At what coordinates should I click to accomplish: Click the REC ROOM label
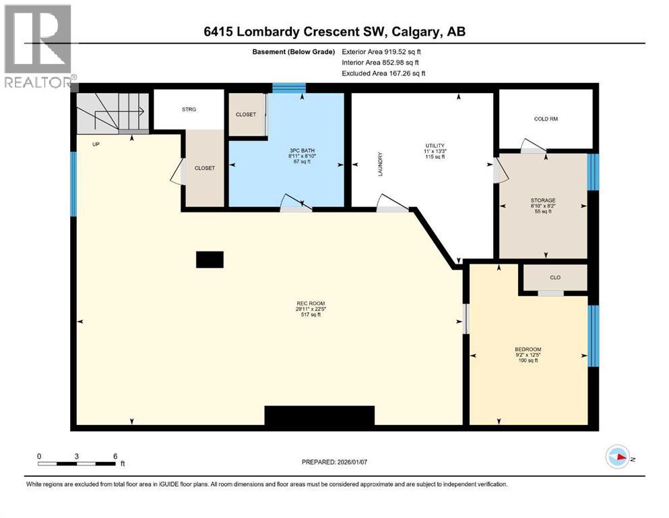coord(311,304)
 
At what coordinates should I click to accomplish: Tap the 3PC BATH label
coord(302,150)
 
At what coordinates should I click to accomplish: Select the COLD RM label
coord(546,119)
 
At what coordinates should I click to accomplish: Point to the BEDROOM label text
coord(528,349)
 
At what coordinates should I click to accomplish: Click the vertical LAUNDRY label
coord(380,164)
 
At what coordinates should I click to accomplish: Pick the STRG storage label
coord(189,109)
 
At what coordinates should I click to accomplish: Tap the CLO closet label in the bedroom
coord(555,278)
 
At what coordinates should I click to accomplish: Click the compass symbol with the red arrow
coord(618,457)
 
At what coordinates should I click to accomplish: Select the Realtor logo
coord(38,46)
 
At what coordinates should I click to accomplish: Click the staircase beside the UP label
coord(113,112)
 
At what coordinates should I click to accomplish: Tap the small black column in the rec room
coord(210,260)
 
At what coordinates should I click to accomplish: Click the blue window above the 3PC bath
coord(289,88)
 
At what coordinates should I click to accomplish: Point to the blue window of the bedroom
coord(593,336)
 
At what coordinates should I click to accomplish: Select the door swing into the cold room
coord(533,146)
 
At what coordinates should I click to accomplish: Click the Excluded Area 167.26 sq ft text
coord(383,74)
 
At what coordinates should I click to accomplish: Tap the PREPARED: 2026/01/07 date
coord(334,462)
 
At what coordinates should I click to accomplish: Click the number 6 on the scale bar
coord(115,456)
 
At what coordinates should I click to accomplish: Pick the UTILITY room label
coord(435,146)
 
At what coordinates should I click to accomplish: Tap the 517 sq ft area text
coord(311,315)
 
